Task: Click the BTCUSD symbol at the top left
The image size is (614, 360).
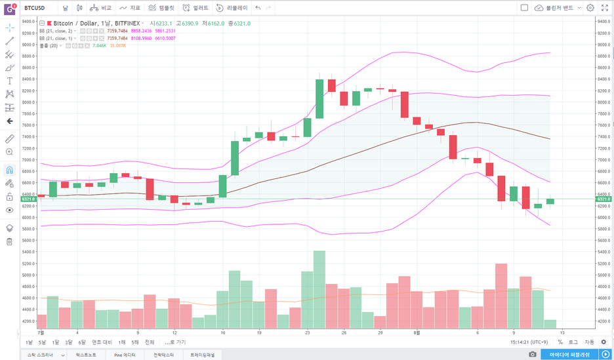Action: [34, 8]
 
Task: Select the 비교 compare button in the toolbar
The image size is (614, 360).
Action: [101, 8]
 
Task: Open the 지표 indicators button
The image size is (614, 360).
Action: [130, 8]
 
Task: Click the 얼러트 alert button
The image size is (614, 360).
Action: [195, 8]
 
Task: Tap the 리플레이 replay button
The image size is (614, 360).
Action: [232, 8]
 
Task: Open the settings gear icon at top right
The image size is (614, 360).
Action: [590, 8]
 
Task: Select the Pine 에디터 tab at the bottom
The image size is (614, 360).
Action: [124, 355]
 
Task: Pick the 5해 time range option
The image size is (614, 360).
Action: [134, 342]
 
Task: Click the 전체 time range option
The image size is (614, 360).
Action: [150, 342]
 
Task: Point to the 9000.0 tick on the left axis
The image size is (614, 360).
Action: [28, 45]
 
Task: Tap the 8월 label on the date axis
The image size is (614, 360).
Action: [417, 332]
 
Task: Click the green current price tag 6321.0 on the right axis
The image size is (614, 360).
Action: [604, 198]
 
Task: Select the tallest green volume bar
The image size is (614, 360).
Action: [319, 289]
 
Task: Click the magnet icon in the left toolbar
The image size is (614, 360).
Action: [9, 169]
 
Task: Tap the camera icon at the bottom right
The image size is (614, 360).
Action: [533, 354]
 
